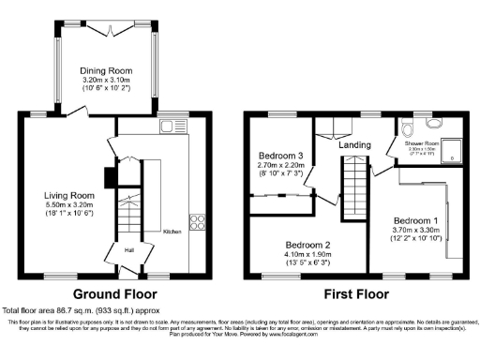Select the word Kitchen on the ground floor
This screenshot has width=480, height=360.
click(x=172, y=231)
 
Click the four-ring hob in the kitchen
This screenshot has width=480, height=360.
click(x=198, y=222)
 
